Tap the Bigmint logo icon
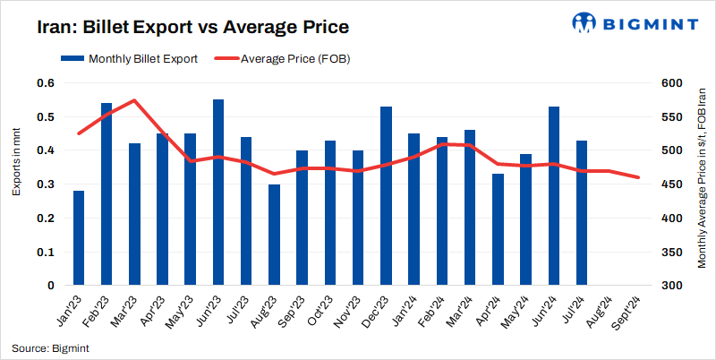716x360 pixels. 584,23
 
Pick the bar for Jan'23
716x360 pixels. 79,238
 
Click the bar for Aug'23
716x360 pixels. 274,235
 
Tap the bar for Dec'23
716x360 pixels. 386,196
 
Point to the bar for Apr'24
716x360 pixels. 498,229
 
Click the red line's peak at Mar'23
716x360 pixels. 134,100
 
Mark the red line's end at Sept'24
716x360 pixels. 638,177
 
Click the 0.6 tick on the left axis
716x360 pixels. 45,83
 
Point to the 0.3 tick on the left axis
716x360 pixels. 45,184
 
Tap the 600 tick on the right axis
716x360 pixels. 672,83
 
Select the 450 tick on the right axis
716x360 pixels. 672,184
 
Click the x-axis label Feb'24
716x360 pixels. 437,314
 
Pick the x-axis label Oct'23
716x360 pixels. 325,314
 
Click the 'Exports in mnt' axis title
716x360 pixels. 16,162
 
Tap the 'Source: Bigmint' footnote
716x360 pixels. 50,347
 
